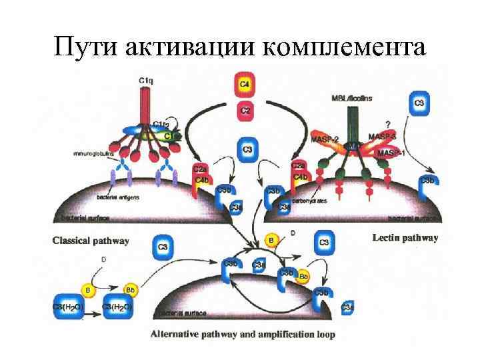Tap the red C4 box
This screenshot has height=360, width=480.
coord(245,85)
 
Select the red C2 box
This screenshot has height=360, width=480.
coord(245,111)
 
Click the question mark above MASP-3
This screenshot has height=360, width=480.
coord(389,123)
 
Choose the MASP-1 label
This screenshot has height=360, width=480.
coord(392,153)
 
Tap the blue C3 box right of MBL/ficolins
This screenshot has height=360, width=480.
coord(419,104)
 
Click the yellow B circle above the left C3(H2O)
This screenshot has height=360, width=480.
coord(87,289)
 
